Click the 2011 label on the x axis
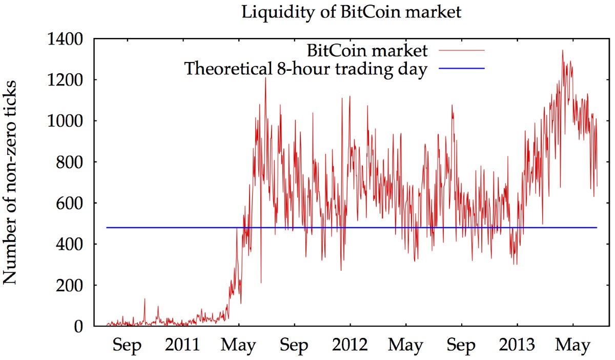pyautogui.click(x=182, y=345)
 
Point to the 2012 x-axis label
pyautogui.click(x=350, y=345)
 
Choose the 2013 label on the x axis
pyautogui.click(x=517, y=345)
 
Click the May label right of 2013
pyautogui.click(x=573, y=345)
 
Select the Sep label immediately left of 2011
pyautogui.click(x=127, y=345)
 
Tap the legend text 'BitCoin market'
pyautogui.click(x=367, y=51)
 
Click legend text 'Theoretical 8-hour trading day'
pyautogui.click(x=305, y=68)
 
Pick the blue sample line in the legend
pyautogui.click(x=461, y=68)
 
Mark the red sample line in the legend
pyautogui.click(x=461, y=51)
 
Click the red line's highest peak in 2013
pyautogui.click(x=562, y=50)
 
